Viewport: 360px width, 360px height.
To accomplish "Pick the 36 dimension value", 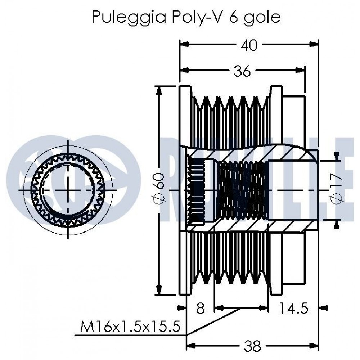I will (242, 71).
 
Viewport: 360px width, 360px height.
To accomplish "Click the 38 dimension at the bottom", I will (252, 346).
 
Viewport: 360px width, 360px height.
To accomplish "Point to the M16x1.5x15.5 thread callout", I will (130, 327).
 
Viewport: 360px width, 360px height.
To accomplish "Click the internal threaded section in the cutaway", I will (243, 190).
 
